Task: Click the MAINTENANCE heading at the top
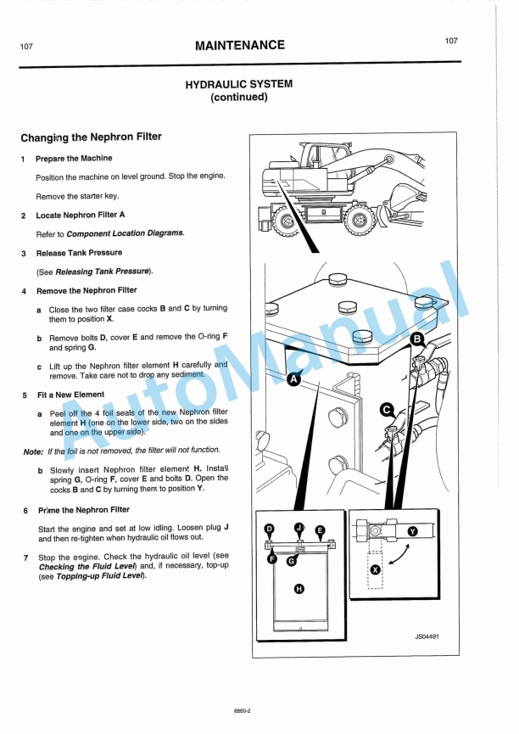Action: pyautogui.click(x=239, y=45)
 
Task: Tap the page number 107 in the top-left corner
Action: pyautogui.click(x=26, y=47)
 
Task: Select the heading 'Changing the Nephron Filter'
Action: pyautogui.click(x=91, y=137)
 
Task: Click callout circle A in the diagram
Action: pyautogui.click(x=294, y=379)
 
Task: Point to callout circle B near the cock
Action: pyautogui.click(x=417, y=340)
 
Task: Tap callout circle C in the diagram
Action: pyautogui.click(x=386, y=410)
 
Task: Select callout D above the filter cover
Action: pyautogui.click(x=270, y=529)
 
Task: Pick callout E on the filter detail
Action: pyautogui.click(x=320, y=530)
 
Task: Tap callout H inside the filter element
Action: pyautogui.click(x=299, y=589)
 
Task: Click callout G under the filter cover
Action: pyautogui.click(x=291, y=560)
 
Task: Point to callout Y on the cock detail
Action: pyautogui.click(x=413, y=530)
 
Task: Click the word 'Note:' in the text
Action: pyautogui.click(x=34, y=451)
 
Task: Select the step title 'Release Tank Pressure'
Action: pyautogui.click(x=78, y=253)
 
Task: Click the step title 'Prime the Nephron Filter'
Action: pyautogui.click(x=82, y=510)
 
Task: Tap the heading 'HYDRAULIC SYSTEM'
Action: pyautogui.click(x=238, y=84)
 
